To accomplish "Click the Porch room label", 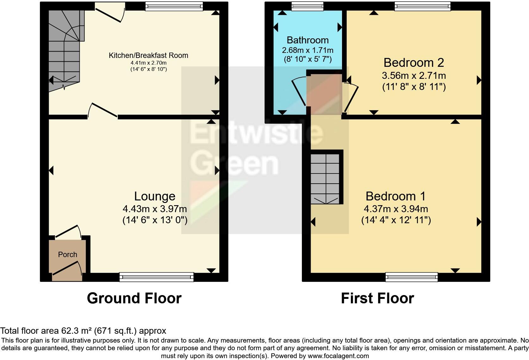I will (67, 255).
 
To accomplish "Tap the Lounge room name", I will (155, 196).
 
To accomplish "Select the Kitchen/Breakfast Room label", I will (148, 55).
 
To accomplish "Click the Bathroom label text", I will (308, 40).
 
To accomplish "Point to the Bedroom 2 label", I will (414, 63).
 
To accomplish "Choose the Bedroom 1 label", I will (395, 196).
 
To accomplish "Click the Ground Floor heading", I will (134, 298).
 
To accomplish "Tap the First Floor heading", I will (377, 298).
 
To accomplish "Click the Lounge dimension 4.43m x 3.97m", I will (155, 209).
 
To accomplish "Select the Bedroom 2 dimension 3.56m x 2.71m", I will (414, 76).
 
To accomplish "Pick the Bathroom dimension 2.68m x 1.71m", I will (308, 50).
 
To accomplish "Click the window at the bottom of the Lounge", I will (157, 277).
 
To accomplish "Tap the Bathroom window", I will (308, 6).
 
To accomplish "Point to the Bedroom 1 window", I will (412, 277).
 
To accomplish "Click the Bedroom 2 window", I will (422, 6).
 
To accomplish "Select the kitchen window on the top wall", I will (174, 6).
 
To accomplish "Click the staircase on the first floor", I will (325, 179).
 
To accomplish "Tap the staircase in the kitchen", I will (65, 51).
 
